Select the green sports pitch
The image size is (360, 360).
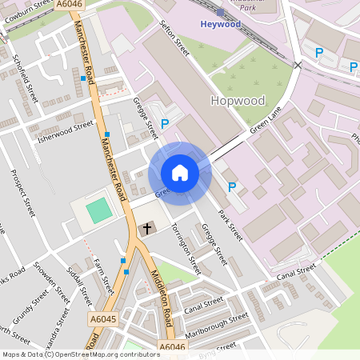(x=98, y=211)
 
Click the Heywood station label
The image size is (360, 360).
(x=219, y=25)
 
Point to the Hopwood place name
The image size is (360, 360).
(x=237, y=101)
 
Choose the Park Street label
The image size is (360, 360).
(x=230, y=225)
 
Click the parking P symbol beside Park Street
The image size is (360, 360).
(x=232, y=187)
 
